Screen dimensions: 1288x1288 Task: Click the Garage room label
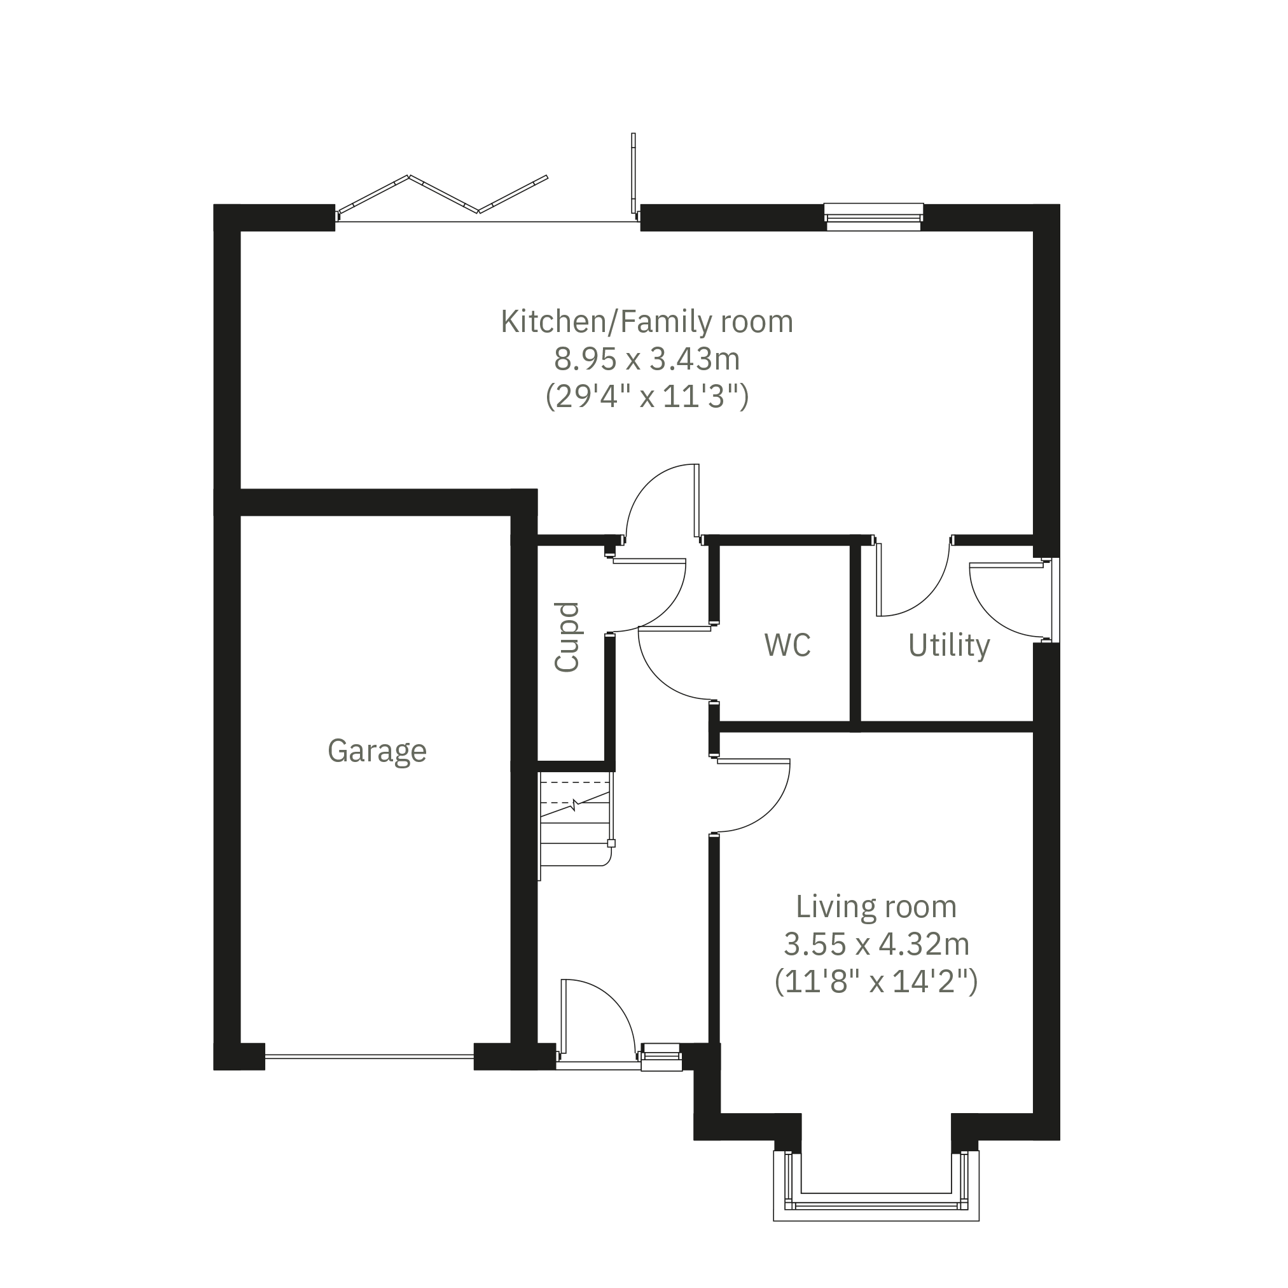tap(377, 752)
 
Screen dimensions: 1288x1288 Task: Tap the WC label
tap(787, 646)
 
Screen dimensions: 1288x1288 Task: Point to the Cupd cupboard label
tap(567, 637)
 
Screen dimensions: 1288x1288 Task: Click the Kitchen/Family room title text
tap(647, 321)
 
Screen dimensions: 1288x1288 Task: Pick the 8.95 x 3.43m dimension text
tap(647, 360)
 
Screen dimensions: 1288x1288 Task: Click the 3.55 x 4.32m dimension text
tap(876, 944)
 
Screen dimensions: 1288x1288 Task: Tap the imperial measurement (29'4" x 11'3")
tap(647, 398)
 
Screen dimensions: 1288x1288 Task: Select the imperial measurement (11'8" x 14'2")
tap(876, 982)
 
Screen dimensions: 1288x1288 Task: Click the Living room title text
tap(876, 906)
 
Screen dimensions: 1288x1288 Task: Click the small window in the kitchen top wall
tap(873, 218)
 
